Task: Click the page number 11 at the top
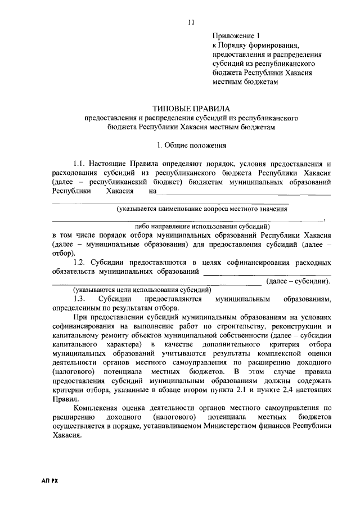pyautogui.click(x=191, y=23)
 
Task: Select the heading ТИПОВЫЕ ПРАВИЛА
pyautogui.click(x=191, y=108)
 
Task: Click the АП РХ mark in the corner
pyautogui.click(x=51, y=483)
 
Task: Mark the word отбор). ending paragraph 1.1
pyautogui.click(x=62, y=254)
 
